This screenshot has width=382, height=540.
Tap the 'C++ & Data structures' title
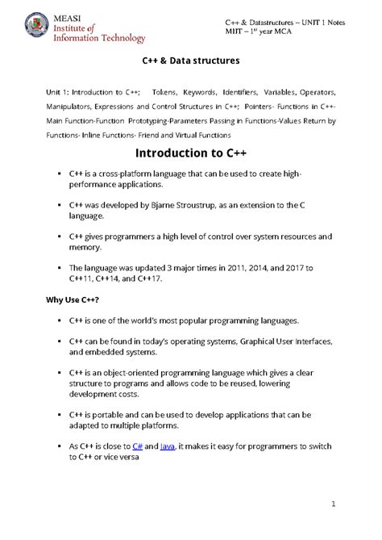tap(191, 61)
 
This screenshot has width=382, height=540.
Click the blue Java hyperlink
tap(168, 445)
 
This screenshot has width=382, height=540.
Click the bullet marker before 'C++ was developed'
tap(60, 207)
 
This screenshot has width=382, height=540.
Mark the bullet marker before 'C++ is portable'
tap(60, 415)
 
